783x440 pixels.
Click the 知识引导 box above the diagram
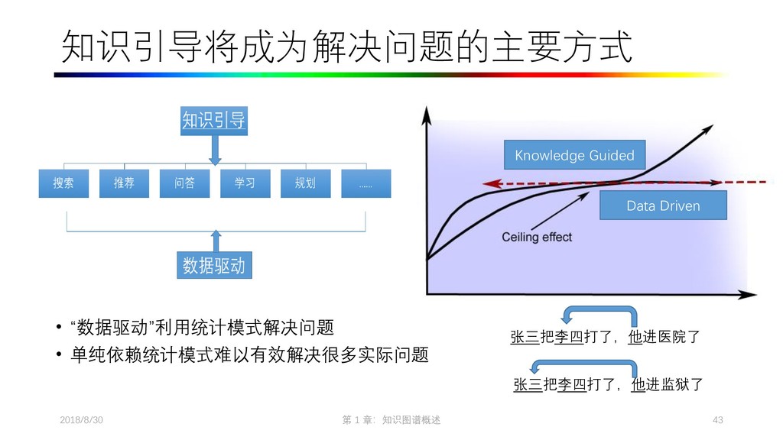(x=214, y=120)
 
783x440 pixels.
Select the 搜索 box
(x=64, y=183)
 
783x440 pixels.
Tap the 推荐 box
(x=124, y=183)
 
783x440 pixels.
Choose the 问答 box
(x=184, y=183)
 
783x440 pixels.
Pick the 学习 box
(x=245, y=183)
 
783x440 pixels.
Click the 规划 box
(x=305, y=183)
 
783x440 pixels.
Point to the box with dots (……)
(x=366, y=183)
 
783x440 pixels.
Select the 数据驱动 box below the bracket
(x=214, y=265)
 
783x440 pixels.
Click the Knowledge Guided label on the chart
(x=574, y=155)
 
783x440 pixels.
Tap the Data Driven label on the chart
(x=663, y=205)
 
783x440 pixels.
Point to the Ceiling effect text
(x=537, y=237)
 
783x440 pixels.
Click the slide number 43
(x=717, y=421)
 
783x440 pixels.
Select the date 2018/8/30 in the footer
(x=82, y=421)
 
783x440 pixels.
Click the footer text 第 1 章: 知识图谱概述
(x=391, y=421)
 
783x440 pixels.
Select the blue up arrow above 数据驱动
(x=215, y=238)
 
